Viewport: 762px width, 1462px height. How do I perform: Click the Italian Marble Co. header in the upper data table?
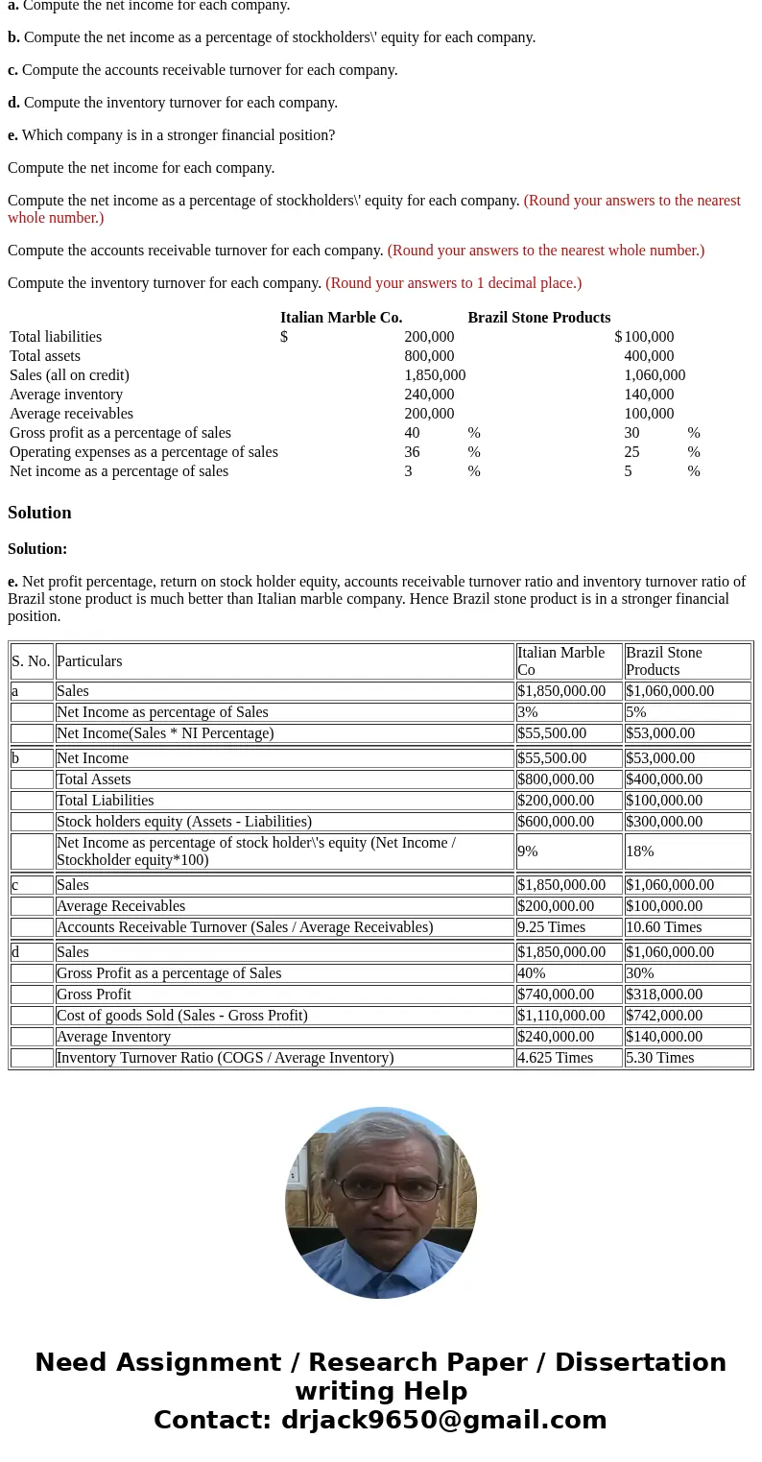341,318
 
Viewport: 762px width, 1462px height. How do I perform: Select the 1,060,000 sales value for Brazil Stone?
655,375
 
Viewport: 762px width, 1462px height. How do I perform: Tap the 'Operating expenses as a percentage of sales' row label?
144,452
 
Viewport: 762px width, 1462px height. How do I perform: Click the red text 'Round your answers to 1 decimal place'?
453,283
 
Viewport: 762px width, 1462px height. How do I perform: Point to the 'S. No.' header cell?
31,661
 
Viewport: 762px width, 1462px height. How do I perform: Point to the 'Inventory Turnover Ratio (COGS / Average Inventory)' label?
225,1058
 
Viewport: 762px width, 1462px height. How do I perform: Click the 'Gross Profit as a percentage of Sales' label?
169,973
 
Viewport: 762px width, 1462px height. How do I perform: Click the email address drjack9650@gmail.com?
443,1421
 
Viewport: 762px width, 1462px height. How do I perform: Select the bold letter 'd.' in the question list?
13,103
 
